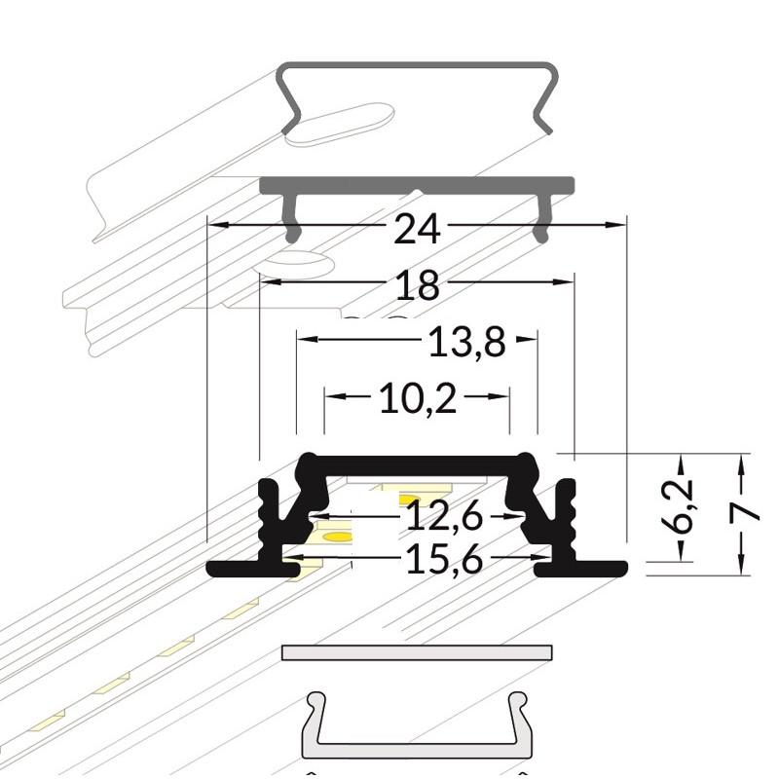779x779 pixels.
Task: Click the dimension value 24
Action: click(417, 229)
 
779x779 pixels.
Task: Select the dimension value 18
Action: click(418, 285)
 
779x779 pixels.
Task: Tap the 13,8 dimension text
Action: click(466, 343)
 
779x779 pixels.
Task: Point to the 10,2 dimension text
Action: click(418, 399)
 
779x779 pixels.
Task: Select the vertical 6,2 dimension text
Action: click(677, 504)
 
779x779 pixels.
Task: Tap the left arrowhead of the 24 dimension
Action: click(218, 225)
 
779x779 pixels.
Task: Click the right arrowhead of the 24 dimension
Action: click(614, 225)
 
